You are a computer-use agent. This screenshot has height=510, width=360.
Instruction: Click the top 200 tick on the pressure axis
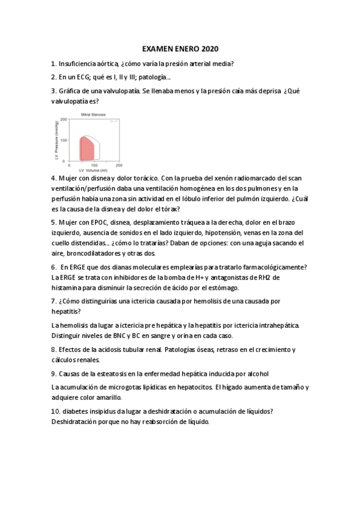(x=64, y=120)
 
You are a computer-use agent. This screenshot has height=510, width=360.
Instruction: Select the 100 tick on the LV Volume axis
(x=94, y=165)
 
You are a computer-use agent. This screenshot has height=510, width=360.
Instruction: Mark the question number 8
(x=53, y=349)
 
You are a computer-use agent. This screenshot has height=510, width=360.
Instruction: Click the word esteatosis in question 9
(x=124, y=373)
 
